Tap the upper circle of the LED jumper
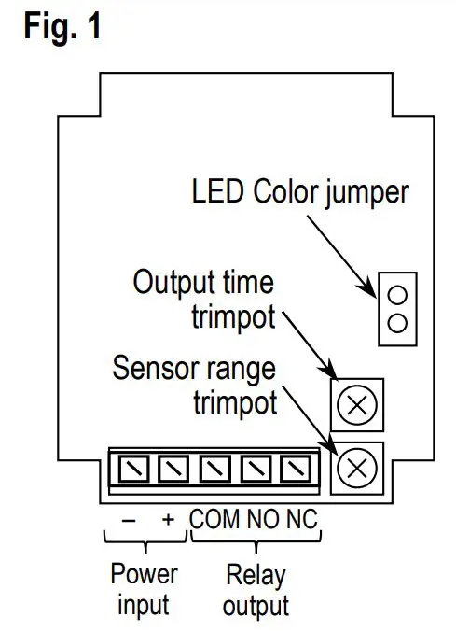(397, 296)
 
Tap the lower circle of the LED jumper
(397, 323)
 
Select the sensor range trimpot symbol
(356, 465)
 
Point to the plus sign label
(168, 518)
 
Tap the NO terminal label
(264, 518)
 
